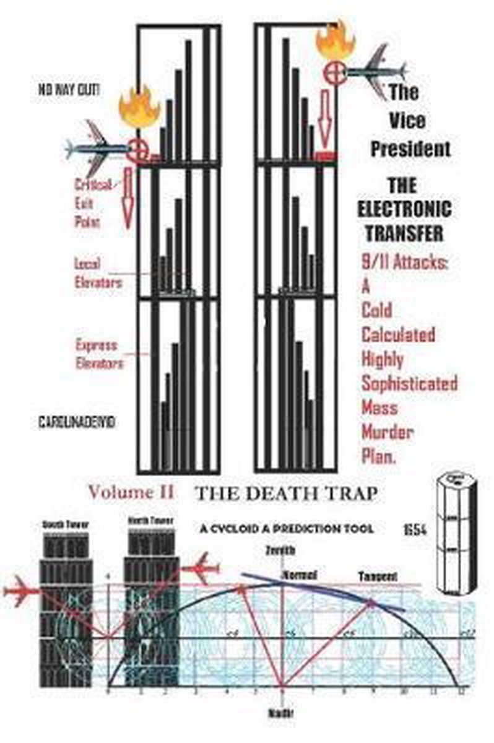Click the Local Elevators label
coord(98,273)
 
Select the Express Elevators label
coord(99,354)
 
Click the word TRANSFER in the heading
coord(412,233)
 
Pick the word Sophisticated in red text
coord(409,383)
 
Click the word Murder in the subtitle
coord(388,432)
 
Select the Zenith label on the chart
coord(275,549)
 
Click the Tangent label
coord(378,576)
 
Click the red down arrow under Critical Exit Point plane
coord(129,205)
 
